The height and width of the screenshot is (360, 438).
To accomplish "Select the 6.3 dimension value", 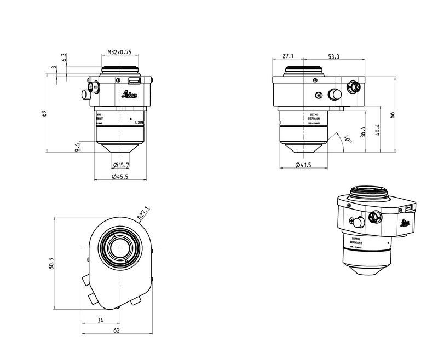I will (x=64, y=57).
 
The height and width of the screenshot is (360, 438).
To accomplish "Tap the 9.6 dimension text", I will (x=78, y=147).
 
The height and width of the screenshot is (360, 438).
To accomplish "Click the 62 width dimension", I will (x=116, y=331).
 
